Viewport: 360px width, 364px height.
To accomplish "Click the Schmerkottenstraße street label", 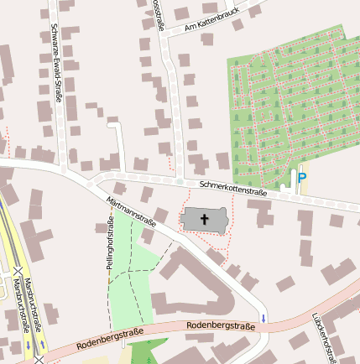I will [232, 188].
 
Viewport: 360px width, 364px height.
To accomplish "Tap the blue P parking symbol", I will [301, 178].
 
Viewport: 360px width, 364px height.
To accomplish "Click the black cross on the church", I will [204, 220].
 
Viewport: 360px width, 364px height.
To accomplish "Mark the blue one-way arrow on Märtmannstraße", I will [263, 318].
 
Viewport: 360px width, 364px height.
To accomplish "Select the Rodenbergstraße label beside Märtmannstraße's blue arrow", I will [220, 325].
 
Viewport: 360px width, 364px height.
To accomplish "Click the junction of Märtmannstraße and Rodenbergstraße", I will [263, 328].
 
